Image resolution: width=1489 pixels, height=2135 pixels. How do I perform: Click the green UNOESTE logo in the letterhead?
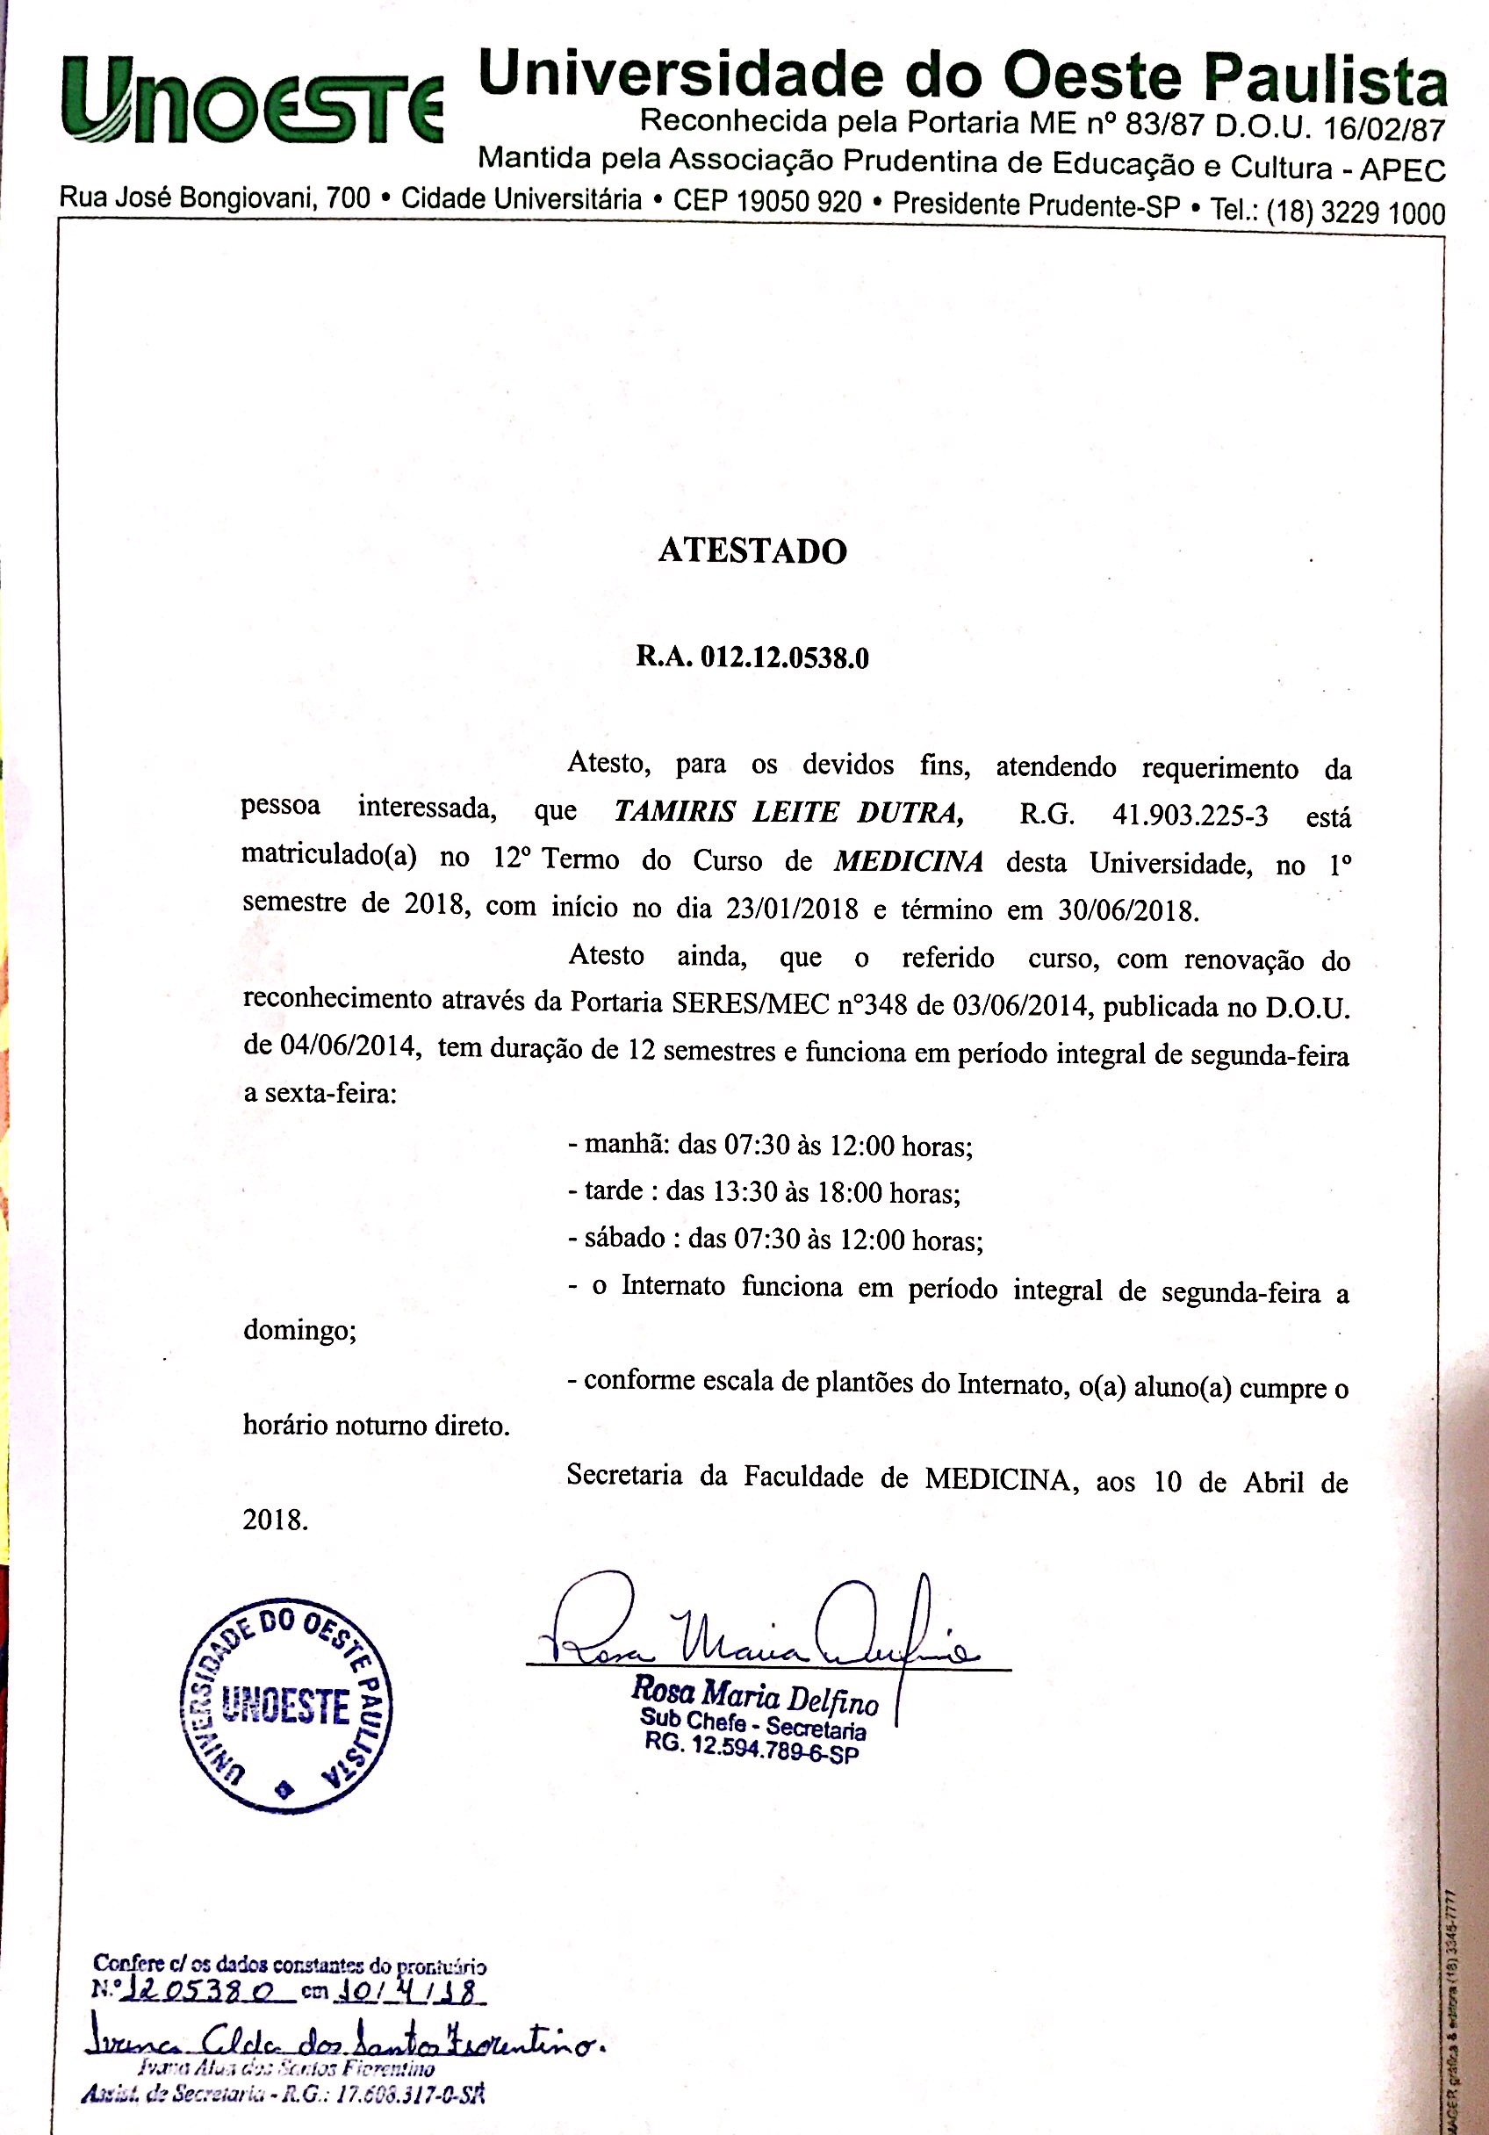[251, 100]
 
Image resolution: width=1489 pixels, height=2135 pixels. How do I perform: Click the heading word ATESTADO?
[752, 550]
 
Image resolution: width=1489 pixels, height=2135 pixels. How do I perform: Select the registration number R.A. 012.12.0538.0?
[752, 658]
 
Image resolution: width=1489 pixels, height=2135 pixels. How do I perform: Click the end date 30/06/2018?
[1126, 910]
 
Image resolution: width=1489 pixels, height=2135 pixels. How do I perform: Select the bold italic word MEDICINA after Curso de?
[909, 861]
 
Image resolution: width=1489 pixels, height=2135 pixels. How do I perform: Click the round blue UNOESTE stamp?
[285, 1707]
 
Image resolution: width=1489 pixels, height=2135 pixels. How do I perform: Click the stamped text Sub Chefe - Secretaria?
[753, 1723]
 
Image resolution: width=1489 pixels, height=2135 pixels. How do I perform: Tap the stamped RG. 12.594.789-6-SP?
[752, 1748]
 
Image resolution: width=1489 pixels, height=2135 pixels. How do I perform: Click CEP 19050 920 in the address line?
[767, 202]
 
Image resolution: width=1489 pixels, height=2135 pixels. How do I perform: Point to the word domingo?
[299, 1331]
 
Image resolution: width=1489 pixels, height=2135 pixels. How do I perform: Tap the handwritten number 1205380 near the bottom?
[198, 1990]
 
